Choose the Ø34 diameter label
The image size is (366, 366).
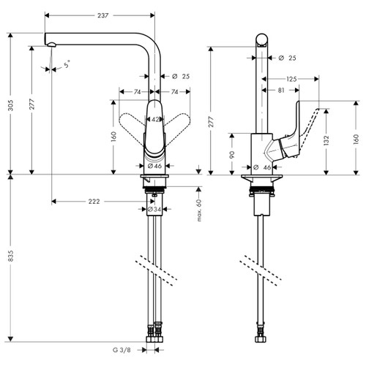pos(154,210)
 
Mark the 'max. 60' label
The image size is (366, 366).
pos(198,211)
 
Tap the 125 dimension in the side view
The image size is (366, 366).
pos(291,79)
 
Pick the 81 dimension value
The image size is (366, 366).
pos(283,91)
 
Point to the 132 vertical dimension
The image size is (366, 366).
pos(326,138)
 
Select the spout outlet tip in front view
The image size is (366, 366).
pos(52,45)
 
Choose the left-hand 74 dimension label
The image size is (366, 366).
pos(137,91)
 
